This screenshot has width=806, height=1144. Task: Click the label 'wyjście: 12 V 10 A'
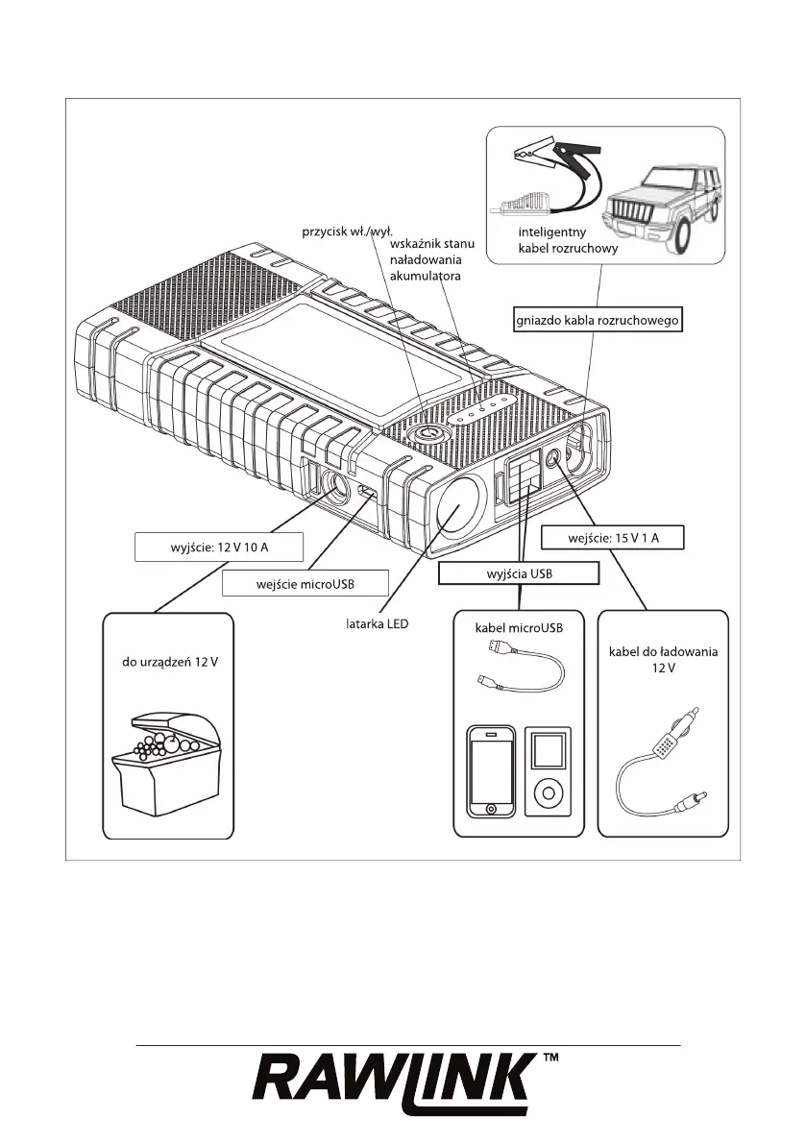point(218,547)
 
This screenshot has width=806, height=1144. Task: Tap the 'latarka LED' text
point(377,623)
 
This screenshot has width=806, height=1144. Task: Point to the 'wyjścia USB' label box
point(519,573)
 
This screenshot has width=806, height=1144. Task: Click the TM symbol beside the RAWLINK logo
point(552,1059)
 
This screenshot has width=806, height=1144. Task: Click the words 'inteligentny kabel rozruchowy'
point(567,240)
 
